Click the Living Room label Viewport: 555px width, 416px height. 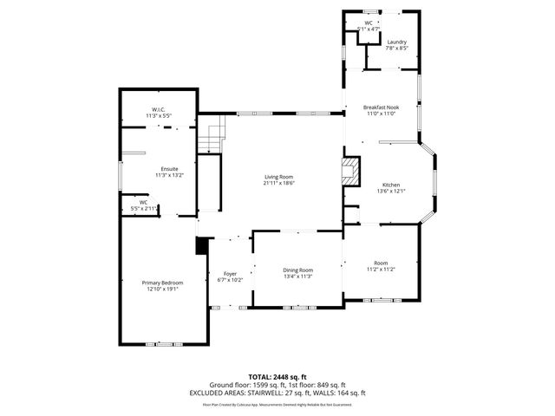click(278, 177)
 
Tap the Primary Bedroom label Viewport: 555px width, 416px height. click(162, 283)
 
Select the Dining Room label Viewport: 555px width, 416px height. click(297, 270)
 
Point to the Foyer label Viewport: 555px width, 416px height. click(230, 274)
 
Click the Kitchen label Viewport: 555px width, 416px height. click(391, 185)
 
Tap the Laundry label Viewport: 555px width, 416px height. click(397, 42)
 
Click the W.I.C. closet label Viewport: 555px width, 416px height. click(159, 109)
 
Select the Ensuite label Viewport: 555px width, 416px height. click(169, 168)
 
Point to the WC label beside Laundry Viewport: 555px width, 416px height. click(369, 23)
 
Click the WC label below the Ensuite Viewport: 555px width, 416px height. click(144, 203)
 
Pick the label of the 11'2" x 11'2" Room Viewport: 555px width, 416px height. click(381, 263)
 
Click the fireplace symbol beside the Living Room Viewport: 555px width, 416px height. click(350, 170)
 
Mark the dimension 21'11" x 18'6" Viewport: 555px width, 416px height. click(278, 183)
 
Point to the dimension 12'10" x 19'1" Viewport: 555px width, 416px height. click(162, 289)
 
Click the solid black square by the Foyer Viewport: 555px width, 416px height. click(202, 247)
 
